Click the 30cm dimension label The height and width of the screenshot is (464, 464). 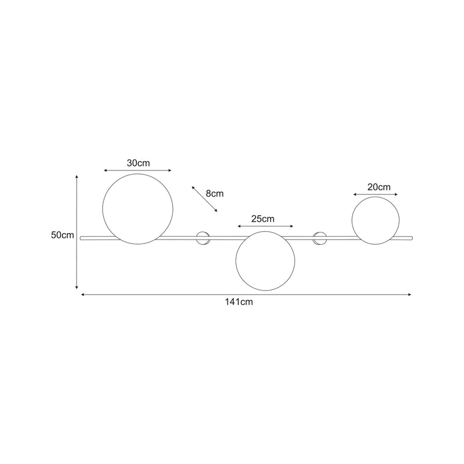coord(138,163)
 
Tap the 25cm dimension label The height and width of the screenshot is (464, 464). coord(263,219)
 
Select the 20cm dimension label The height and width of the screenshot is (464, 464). coord(379,187)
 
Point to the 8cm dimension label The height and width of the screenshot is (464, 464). coord(214,193)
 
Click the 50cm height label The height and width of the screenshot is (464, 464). coord(62,235)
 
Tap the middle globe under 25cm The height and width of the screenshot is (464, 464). coord(265,261)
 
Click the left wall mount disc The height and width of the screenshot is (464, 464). coord(203,237)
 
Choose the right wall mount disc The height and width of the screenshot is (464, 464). coord(320,237)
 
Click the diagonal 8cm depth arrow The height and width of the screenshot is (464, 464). coord(204,198)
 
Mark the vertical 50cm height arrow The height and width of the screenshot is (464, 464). coord(76,232)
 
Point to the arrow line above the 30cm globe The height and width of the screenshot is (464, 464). coord(138,171)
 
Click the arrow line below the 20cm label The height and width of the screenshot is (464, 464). coord(376,195)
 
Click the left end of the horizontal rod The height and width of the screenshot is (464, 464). coord(82,237)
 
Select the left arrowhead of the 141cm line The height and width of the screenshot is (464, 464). coord(83,295)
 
